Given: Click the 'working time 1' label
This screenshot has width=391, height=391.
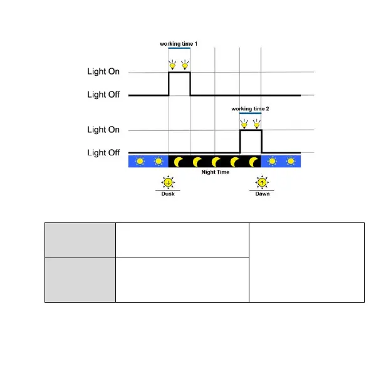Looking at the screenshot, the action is pos(179,44).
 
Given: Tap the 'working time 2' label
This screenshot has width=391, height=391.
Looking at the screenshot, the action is pos(251,108).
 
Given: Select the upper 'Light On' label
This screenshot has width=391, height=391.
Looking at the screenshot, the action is pos(103,72).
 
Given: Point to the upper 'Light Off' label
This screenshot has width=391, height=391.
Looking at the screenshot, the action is pos(103,95).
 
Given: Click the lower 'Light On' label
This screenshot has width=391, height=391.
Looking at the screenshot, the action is pos(103,130).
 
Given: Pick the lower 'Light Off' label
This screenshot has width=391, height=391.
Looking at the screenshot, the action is pos(103,152).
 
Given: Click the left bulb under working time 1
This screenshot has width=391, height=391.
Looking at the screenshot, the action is pos(173,65).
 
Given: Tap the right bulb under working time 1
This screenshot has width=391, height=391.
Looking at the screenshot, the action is pos(185,65).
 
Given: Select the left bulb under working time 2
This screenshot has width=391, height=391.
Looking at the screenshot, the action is pos(244,124).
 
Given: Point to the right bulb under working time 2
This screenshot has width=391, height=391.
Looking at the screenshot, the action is pos(256,124).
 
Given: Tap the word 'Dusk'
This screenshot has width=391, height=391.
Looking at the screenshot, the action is pos(167,194).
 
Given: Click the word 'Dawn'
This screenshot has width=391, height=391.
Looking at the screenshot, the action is pos(263,194).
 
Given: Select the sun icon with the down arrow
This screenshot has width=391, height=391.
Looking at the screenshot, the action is pos(167,182).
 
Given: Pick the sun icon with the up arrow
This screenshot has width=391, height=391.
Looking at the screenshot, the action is pos(262,182).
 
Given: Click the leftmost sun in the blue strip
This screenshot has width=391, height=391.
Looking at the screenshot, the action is pos(139,162).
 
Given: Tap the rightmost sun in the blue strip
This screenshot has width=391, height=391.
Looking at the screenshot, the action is pos(291,162).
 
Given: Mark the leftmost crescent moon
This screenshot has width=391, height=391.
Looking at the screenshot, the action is pos(178,162).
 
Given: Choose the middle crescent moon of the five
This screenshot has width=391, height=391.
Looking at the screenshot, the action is pos(216,162).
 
